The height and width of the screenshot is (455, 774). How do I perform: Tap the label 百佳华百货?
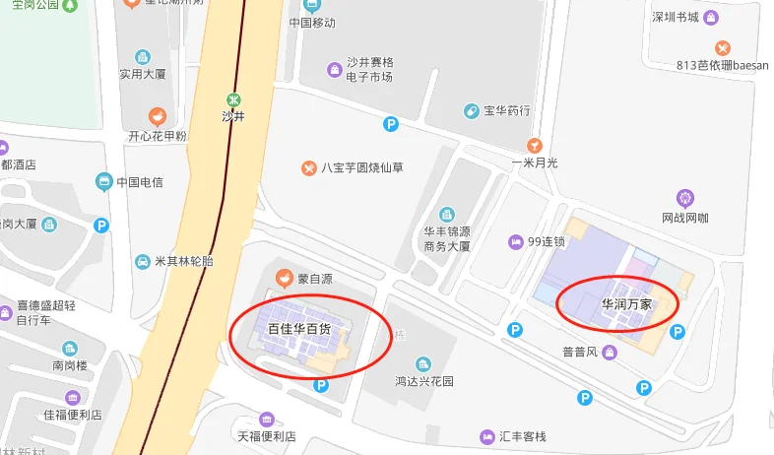pos(306,329)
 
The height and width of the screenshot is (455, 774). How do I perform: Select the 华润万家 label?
pos(626,304)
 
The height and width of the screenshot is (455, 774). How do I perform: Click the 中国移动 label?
pos(312,22)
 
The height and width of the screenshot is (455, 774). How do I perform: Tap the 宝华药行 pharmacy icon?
pos(472,111)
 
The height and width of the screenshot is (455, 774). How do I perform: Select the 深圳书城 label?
pos(675,17)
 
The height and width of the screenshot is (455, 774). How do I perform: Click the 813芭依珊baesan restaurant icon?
pos(723,47)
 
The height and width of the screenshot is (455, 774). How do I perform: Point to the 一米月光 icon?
pos(535,144)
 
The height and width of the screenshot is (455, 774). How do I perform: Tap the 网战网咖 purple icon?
pos(685,198)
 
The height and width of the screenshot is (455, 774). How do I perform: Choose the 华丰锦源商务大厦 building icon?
pos(447,214)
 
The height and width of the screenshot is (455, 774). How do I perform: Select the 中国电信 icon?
pos(103,181)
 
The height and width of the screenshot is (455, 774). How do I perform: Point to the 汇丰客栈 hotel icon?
pos(486,436)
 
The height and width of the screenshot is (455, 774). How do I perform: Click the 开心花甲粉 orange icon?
pos(156,116)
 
